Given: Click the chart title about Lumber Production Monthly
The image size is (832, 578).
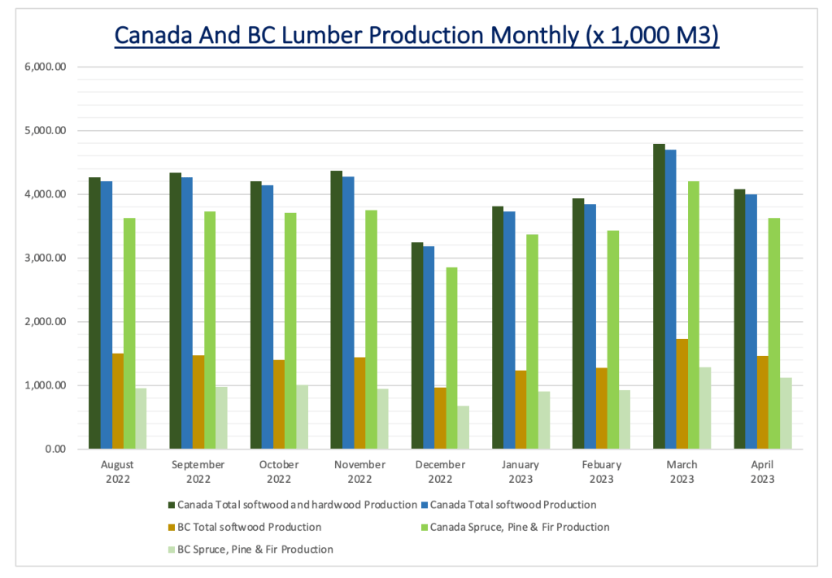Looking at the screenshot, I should pyautogui.click(x=416, y=37).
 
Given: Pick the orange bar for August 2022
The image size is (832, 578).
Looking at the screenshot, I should pyautogui.click(x=118, y=402).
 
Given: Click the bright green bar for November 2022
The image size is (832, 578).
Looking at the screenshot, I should pyautogui.click(x=372, y=330).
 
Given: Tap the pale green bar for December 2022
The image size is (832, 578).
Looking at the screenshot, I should pyautogui.click(x=464, y=428).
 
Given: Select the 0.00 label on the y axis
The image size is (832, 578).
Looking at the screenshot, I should pyautogui.click(x=56, y=449).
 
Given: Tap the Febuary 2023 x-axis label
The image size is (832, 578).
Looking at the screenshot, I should pyautogui.click(x=601, y=472).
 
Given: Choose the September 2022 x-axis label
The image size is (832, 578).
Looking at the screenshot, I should pyautogui.click(x=198, y=472).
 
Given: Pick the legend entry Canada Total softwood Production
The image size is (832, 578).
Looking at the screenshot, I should pyautogui.click(x=513, y=505).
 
